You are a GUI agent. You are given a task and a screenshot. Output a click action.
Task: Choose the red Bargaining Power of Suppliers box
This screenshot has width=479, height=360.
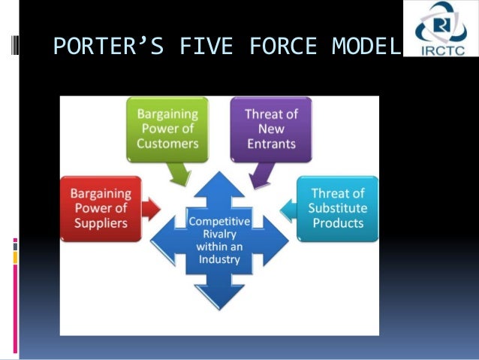(x=101, y=208)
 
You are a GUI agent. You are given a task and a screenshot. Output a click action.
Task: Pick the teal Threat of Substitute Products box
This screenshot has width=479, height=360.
(x=338, y=207)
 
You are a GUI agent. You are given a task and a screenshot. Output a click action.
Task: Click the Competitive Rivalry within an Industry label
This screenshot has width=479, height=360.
(x=219, y=240)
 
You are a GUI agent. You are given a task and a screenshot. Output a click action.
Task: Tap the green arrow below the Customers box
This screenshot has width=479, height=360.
(x=180, y=174)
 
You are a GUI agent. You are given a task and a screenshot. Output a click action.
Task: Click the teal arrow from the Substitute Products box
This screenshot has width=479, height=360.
(x=288, y=207)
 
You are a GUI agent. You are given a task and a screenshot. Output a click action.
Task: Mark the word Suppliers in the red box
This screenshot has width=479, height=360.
(x=101, y=223)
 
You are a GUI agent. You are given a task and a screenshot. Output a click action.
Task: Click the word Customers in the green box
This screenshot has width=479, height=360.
(x=167, y=143)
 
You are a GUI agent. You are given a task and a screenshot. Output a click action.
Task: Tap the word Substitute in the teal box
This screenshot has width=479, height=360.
(x=339, y=207)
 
